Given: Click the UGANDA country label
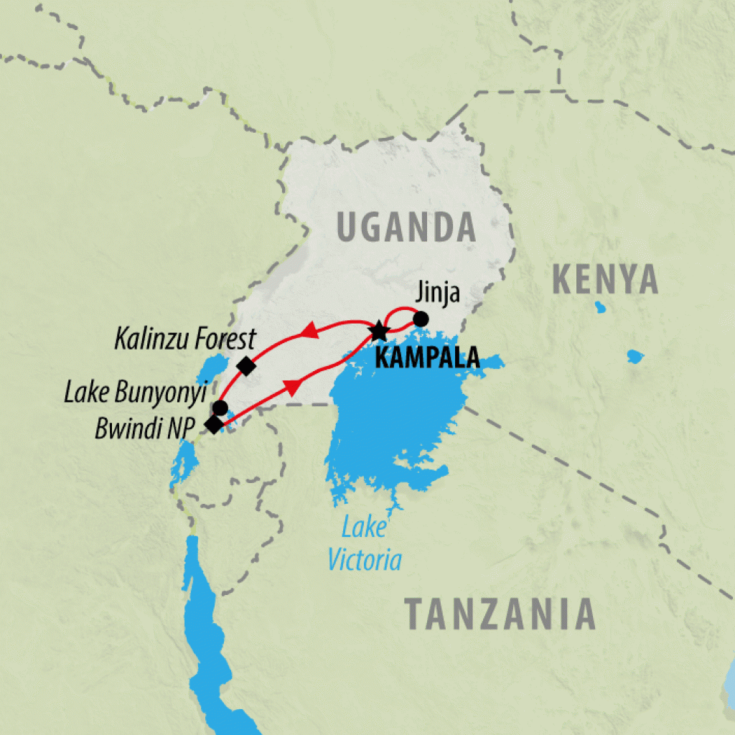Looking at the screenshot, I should [406, 228].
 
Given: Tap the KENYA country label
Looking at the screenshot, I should [604, 279].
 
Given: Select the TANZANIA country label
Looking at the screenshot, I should [500, 614].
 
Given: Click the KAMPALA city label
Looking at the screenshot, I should [427, 357].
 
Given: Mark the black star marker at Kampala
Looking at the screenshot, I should [378, 332].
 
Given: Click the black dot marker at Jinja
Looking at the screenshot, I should [421, 318].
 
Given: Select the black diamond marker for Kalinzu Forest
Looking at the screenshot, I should [246, 366].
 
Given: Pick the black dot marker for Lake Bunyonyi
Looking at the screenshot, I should [220, 408].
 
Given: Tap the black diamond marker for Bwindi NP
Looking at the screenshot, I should [214, 425].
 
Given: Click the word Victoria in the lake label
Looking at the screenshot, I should [365, 560].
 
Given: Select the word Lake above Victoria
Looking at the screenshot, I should [363, 528].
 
